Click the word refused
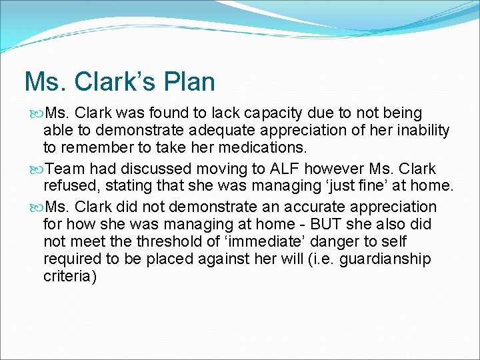pos(71,186)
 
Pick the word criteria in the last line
pos(70,276)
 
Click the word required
pos(72,259)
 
